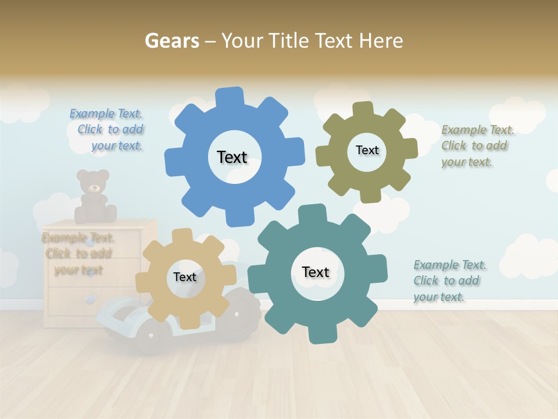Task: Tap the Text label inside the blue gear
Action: pyautogui.click(x=232, y=157)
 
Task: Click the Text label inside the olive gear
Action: pyautogui.click(x=367, y=150)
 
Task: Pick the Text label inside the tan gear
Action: pyautogui.click(x=185, y=278)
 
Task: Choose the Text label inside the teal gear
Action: pyautogui.click(x=316, y=272)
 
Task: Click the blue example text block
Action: pyautogui.click(x=108, y=130)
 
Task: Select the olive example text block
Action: pyautogui.click(x=477, y=146)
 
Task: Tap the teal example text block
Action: pyautogui.click(x=449, y=281)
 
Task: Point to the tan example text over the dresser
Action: pyautogui.click(x=77, y=254)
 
